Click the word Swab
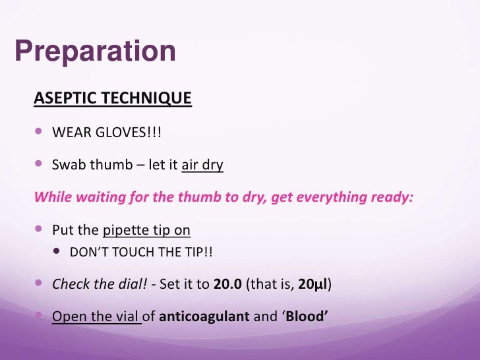click(67, 165)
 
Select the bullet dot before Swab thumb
click(40, 164)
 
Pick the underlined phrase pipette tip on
click(147, 231)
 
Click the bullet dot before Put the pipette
click(40, 230)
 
